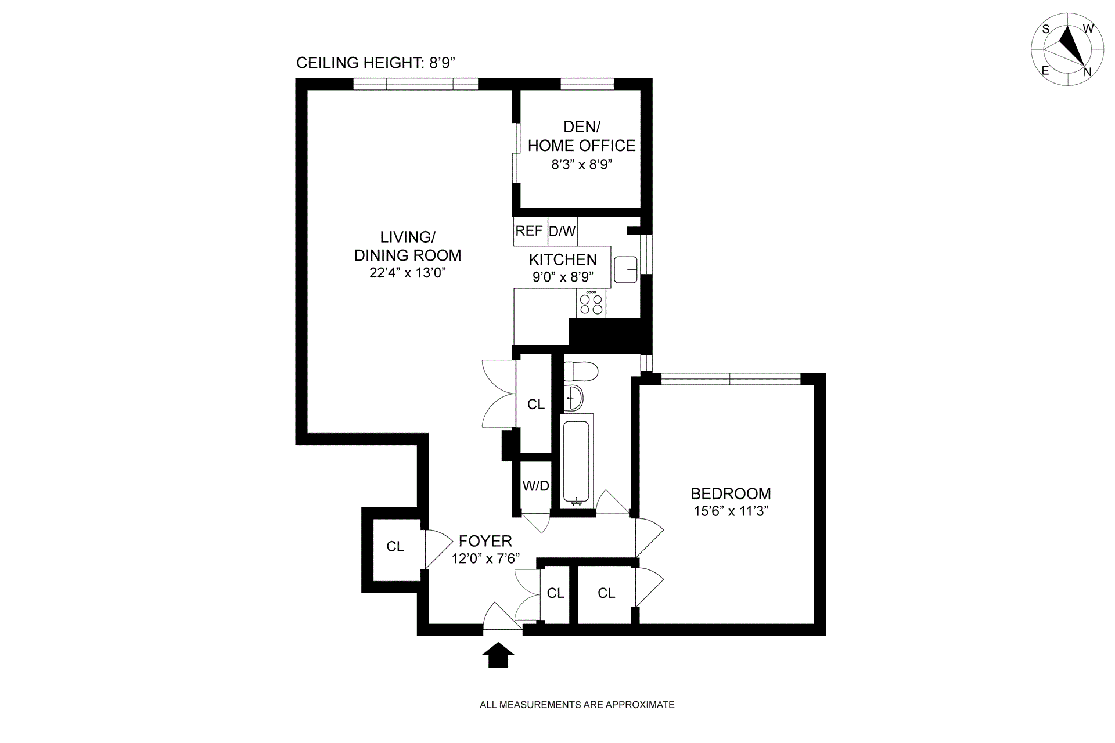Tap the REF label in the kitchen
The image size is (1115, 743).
[529, 231]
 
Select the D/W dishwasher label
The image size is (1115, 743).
[562, 232]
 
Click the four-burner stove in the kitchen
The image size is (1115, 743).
[591, 304]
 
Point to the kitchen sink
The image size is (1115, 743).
[625, 269]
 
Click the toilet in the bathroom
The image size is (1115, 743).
[581, 371]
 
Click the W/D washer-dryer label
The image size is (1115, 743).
[535, 486]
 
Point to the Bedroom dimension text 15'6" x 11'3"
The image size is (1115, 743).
[731, 511]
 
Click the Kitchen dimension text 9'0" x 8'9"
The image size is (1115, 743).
[563, 277]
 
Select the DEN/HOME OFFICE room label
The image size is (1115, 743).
[582, 136]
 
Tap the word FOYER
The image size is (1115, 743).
[485, 541]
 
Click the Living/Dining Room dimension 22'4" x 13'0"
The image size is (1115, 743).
[407, 273]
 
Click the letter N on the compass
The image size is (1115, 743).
[1088, 73]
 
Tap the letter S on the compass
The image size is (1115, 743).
[1046, 45]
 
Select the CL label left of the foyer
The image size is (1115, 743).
[395, 546]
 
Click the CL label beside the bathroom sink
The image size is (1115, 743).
[536, 404]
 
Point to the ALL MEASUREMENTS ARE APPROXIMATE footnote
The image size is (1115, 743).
[577, 705]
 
